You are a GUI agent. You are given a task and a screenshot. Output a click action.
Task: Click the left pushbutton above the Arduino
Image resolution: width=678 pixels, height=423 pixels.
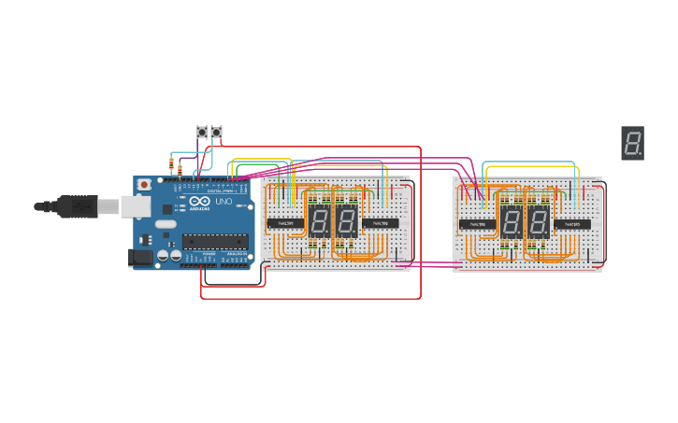point(201,133)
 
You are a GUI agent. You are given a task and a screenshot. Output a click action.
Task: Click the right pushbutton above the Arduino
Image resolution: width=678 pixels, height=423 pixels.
point(217,133)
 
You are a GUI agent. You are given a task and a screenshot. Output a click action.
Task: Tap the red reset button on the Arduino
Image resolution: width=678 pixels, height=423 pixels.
point(144,185)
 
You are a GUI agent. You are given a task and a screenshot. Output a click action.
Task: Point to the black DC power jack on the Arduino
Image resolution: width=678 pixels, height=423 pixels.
point(139,256)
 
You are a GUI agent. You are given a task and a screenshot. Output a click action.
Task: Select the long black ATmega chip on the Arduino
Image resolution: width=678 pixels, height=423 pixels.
point(215,242)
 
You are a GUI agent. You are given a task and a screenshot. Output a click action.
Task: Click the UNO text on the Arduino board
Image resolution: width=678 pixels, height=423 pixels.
point(224,202)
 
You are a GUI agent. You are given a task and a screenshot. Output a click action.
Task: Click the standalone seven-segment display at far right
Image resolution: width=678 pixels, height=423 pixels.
point(632,143)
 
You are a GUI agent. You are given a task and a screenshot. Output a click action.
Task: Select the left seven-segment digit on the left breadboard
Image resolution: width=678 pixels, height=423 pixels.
point(319,221)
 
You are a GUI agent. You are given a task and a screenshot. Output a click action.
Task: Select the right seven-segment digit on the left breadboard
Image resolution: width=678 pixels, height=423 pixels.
point(347,221)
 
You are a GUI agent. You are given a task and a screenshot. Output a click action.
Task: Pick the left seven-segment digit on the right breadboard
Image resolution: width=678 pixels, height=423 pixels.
point(511,221)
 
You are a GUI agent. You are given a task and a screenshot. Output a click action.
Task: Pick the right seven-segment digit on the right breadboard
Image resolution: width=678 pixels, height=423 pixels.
point(539,221)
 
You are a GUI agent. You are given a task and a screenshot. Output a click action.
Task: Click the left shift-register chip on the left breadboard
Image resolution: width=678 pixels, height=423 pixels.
point(285,223)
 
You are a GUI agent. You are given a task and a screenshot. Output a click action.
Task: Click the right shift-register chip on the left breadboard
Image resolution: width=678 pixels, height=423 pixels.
point(381,223)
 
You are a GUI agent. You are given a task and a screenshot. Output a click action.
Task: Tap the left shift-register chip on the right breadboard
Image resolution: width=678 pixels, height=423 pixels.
point(477,224)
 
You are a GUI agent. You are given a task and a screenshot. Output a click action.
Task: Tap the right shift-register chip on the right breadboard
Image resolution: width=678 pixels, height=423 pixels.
point(572,224)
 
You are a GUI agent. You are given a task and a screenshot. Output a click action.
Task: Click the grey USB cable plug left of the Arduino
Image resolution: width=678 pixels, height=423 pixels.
point(77,205)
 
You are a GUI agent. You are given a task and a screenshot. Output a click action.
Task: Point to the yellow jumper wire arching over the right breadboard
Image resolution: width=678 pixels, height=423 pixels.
point(528,163)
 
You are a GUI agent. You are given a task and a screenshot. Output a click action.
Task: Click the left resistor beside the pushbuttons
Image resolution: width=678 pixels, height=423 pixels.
point(171,167)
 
